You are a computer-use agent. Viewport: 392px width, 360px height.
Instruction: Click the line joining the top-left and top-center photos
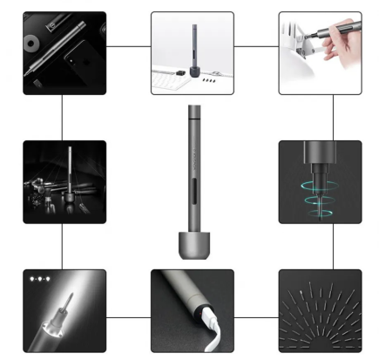[x=128, y=44]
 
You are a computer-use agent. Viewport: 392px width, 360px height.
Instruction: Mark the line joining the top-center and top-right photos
[x=256, y=44]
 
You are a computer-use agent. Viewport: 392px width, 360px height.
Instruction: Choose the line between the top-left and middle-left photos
[x=63, y=117]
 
